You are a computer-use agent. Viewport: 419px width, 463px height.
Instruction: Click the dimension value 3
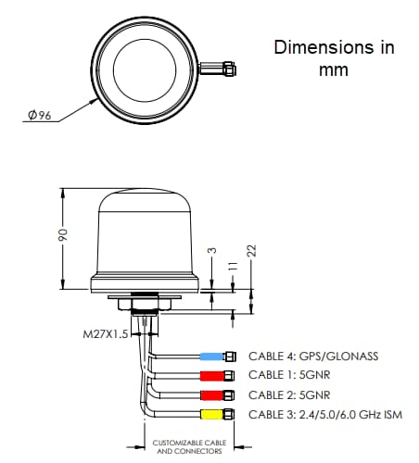[212, 252]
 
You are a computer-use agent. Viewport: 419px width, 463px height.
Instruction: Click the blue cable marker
[212, 357]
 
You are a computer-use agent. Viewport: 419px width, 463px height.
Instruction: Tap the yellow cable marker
[212, 413]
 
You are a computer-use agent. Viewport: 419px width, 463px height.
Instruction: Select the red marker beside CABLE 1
[212, 375]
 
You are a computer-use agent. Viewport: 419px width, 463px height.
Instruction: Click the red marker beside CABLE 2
[212, 394]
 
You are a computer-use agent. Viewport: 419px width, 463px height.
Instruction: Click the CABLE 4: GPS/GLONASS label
[313, 357]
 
